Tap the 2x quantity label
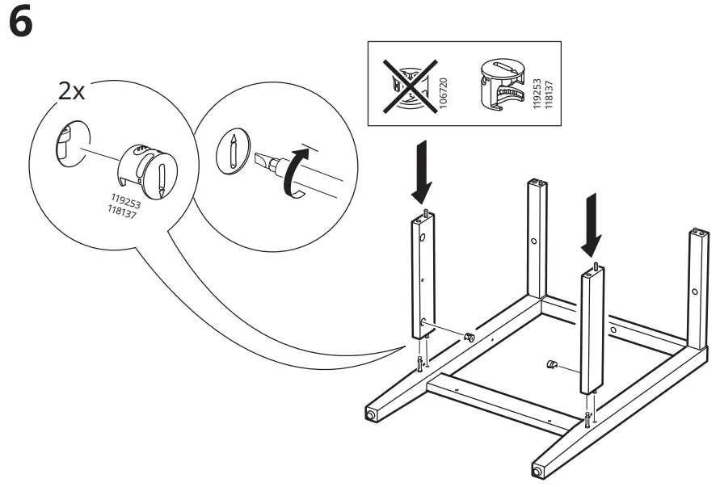click(71, 91)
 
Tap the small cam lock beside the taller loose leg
click(468, 335)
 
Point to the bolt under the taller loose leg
click(419, 364)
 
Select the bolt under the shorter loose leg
click(587, 418)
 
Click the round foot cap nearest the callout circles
click(371, 415)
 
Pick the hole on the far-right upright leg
click(694, 292)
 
